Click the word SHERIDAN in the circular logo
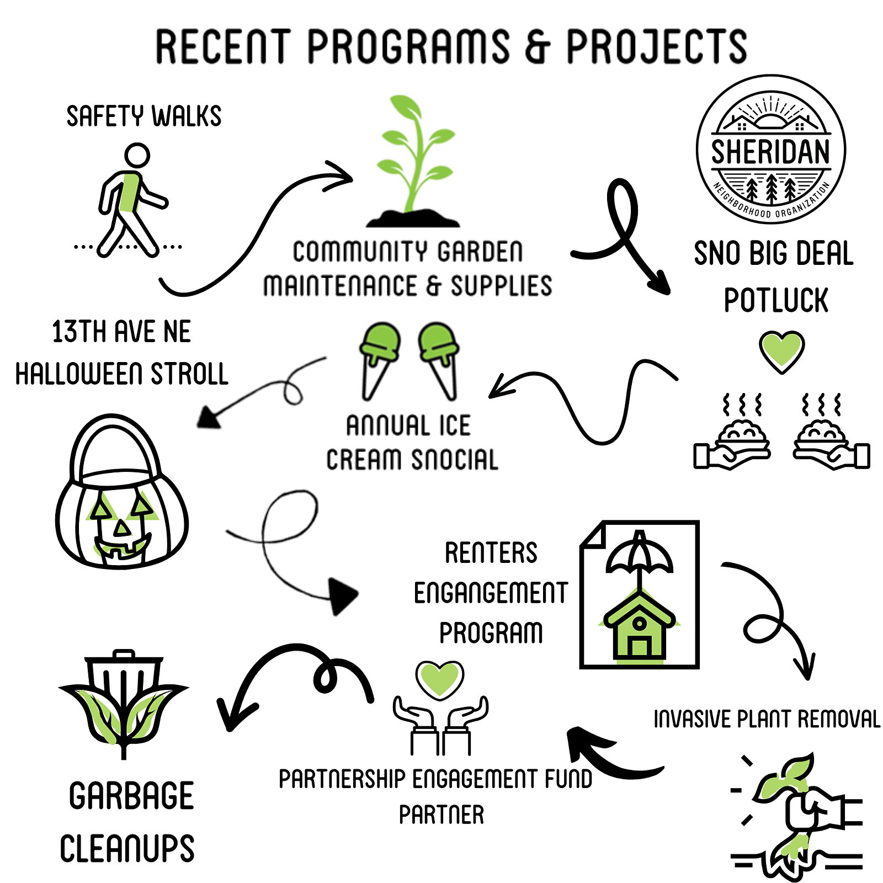click(770, 152)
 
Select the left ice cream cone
click(379, 361)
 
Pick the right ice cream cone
click(440, 361)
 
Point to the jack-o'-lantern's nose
click(122, 528)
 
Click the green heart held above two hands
click(440, 679)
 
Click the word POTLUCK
click(776, 300)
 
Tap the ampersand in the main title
click(536, 46)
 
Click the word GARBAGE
click(131, 796)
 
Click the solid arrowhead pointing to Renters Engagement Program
click(343, 596)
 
